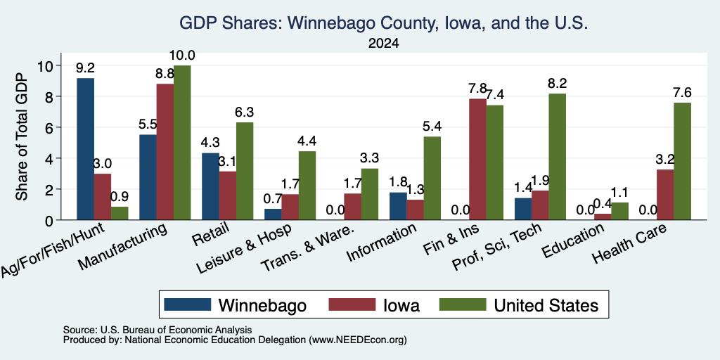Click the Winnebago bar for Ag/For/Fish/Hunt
pyautogui.click(x=85, y=149)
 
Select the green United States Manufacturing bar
pyautogui.click(x=182, y=143)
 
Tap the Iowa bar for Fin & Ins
pyautogui.click(x=477, y=160)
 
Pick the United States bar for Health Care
pyautogui.click(x=682, y=161)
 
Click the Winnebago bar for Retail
pyautogui.click(x=210, y=186)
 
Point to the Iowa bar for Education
pyautogui.click(x=603, y=217)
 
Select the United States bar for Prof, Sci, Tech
pyautogui.click(x=557, y=157)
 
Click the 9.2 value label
pyautogui.click(x=85, y=68)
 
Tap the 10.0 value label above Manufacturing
pyautogui.click(x=182, y=56)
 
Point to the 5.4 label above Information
pyautogui.click(x=432, y=127)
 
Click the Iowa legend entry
pyautogui.click(x=374, y=305)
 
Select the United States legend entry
pyautogui.click(x=520, y=305)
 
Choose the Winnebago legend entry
pyautogui.click(x=235, y=305)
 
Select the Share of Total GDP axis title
pyautogui.click(x=22, y=136)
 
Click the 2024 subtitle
pyautogui.click(x=383, y=44)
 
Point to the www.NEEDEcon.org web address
pyautogui.click(x=358, y=340)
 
